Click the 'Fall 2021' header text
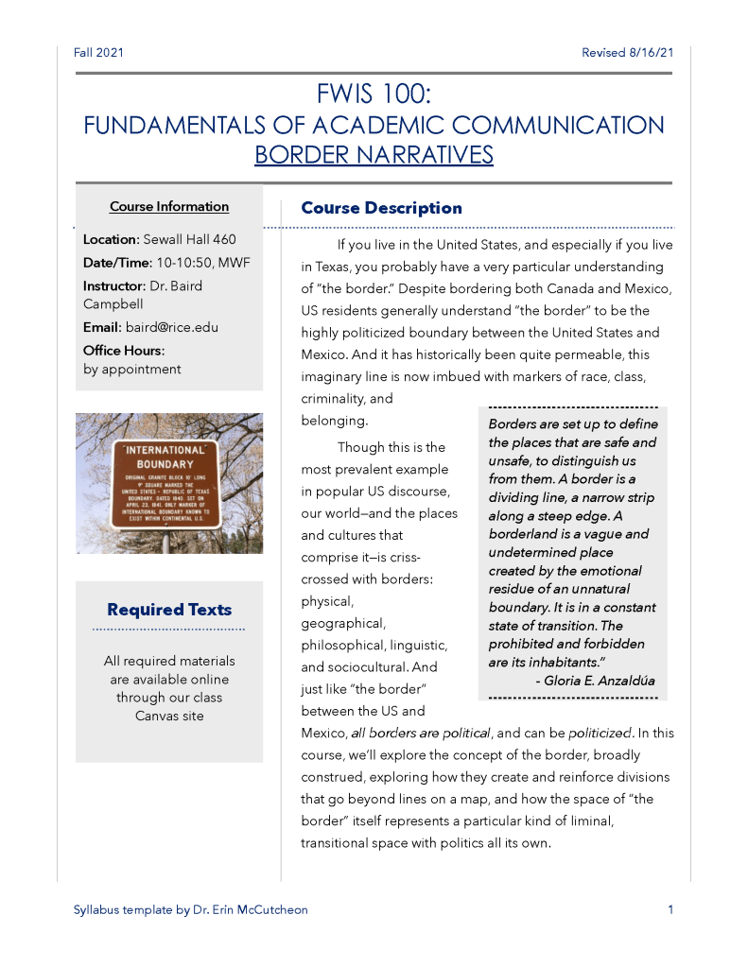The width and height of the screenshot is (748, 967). pos(98,53)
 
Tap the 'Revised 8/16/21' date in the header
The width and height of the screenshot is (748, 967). pos(627,53)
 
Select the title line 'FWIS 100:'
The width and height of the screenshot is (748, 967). pos(374,95)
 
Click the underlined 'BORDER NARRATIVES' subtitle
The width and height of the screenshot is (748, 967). pos(374,154)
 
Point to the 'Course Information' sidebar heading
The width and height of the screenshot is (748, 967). pos(169,206)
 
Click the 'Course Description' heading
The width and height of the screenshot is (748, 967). pos(381,208)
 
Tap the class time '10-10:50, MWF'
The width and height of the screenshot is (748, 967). pos(203,263)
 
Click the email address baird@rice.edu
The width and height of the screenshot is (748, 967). pos(172,327)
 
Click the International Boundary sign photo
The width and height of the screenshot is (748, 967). pos(169,483)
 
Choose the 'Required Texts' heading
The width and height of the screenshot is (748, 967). pos(169,610)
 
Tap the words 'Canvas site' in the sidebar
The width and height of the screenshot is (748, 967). pos(169,717)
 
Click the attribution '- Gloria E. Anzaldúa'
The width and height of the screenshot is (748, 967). pos(595,681)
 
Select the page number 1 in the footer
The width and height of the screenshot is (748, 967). pos(670,910)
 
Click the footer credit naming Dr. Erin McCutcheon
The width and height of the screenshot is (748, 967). pos(190,910)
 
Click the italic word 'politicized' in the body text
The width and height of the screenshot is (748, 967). pos(599,734)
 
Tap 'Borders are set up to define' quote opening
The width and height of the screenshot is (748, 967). pos(572,424)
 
